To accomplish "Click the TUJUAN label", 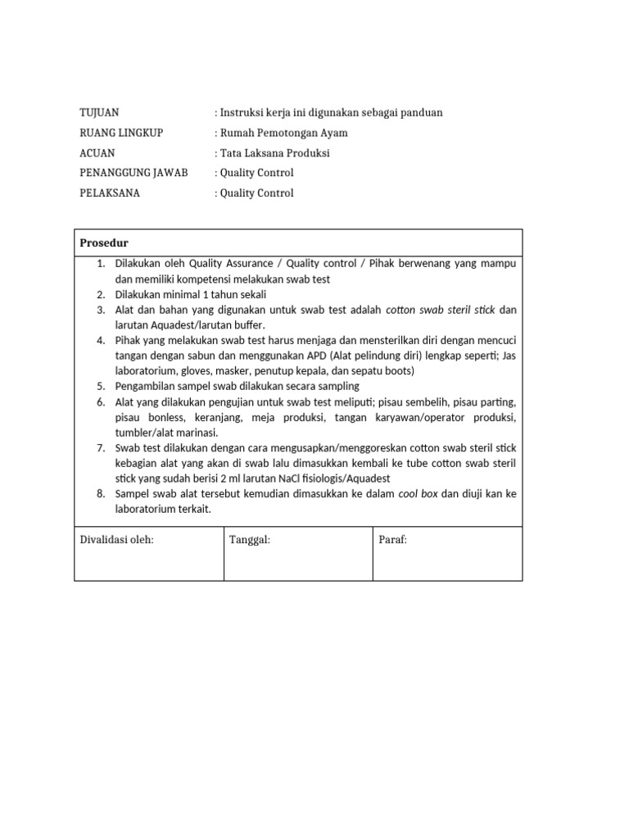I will pos(99,113).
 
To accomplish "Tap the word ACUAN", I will pos(97,153).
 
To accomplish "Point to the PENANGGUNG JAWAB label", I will pos(133,173).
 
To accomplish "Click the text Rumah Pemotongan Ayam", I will pos(283,133).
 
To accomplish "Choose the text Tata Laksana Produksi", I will pos(274,153).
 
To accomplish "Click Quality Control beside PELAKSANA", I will pos(256,193).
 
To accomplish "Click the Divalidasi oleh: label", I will pos(116,540).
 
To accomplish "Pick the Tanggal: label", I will pos(250,540).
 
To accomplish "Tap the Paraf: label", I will pos(392,540).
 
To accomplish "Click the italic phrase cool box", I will pos(418,494).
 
